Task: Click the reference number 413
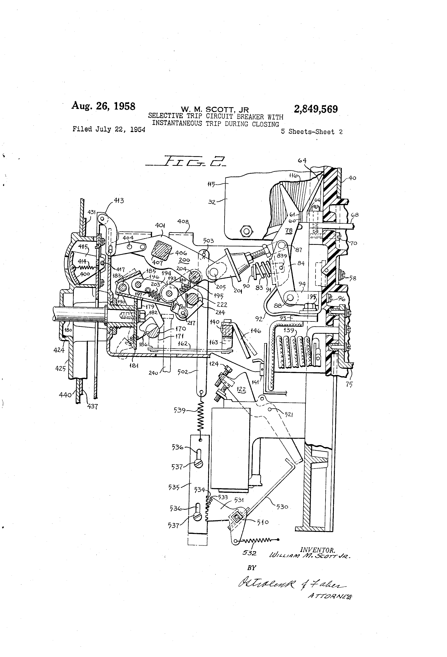coord(119,200)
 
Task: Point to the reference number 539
coord(180,410)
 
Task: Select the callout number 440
coord(65,395)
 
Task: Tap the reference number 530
coord(282,507)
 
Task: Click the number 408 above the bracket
coord(183,221)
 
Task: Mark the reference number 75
coord(349,384)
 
